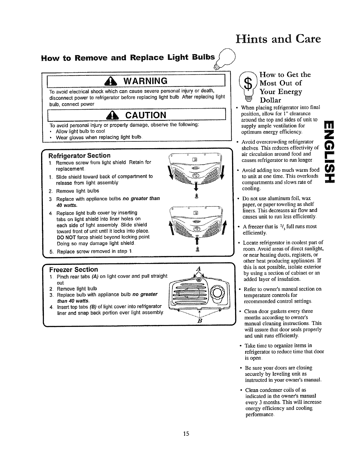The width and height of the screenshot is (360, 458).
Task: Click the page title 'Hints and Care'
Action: (278, 39)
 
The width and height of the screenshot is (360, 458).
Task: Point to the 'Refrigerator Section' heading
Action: (79, 156)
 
